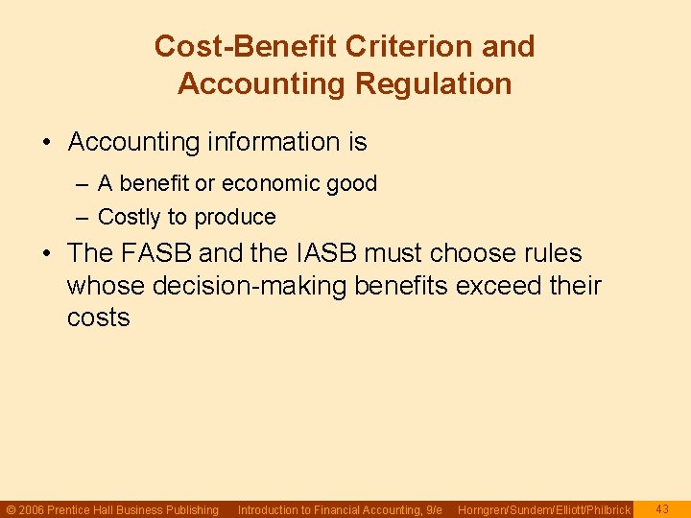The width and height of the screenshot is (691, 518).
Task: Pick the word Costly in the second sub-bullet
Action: [x=131, y=217]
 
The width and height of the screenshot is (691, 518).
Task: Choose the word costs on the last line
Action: [x=98, y=318]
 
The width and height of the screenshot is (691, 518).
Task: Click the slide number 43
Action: [x=662, y=509]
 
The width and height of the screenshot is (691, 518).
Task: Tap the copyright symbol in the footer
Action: [x=11, y=510]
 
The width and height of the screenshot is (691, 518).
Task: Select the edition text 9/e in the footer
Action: [x=433, y=510]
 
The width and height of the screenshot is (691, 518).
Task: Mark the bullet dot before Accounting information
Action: [x=47, y=143]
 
